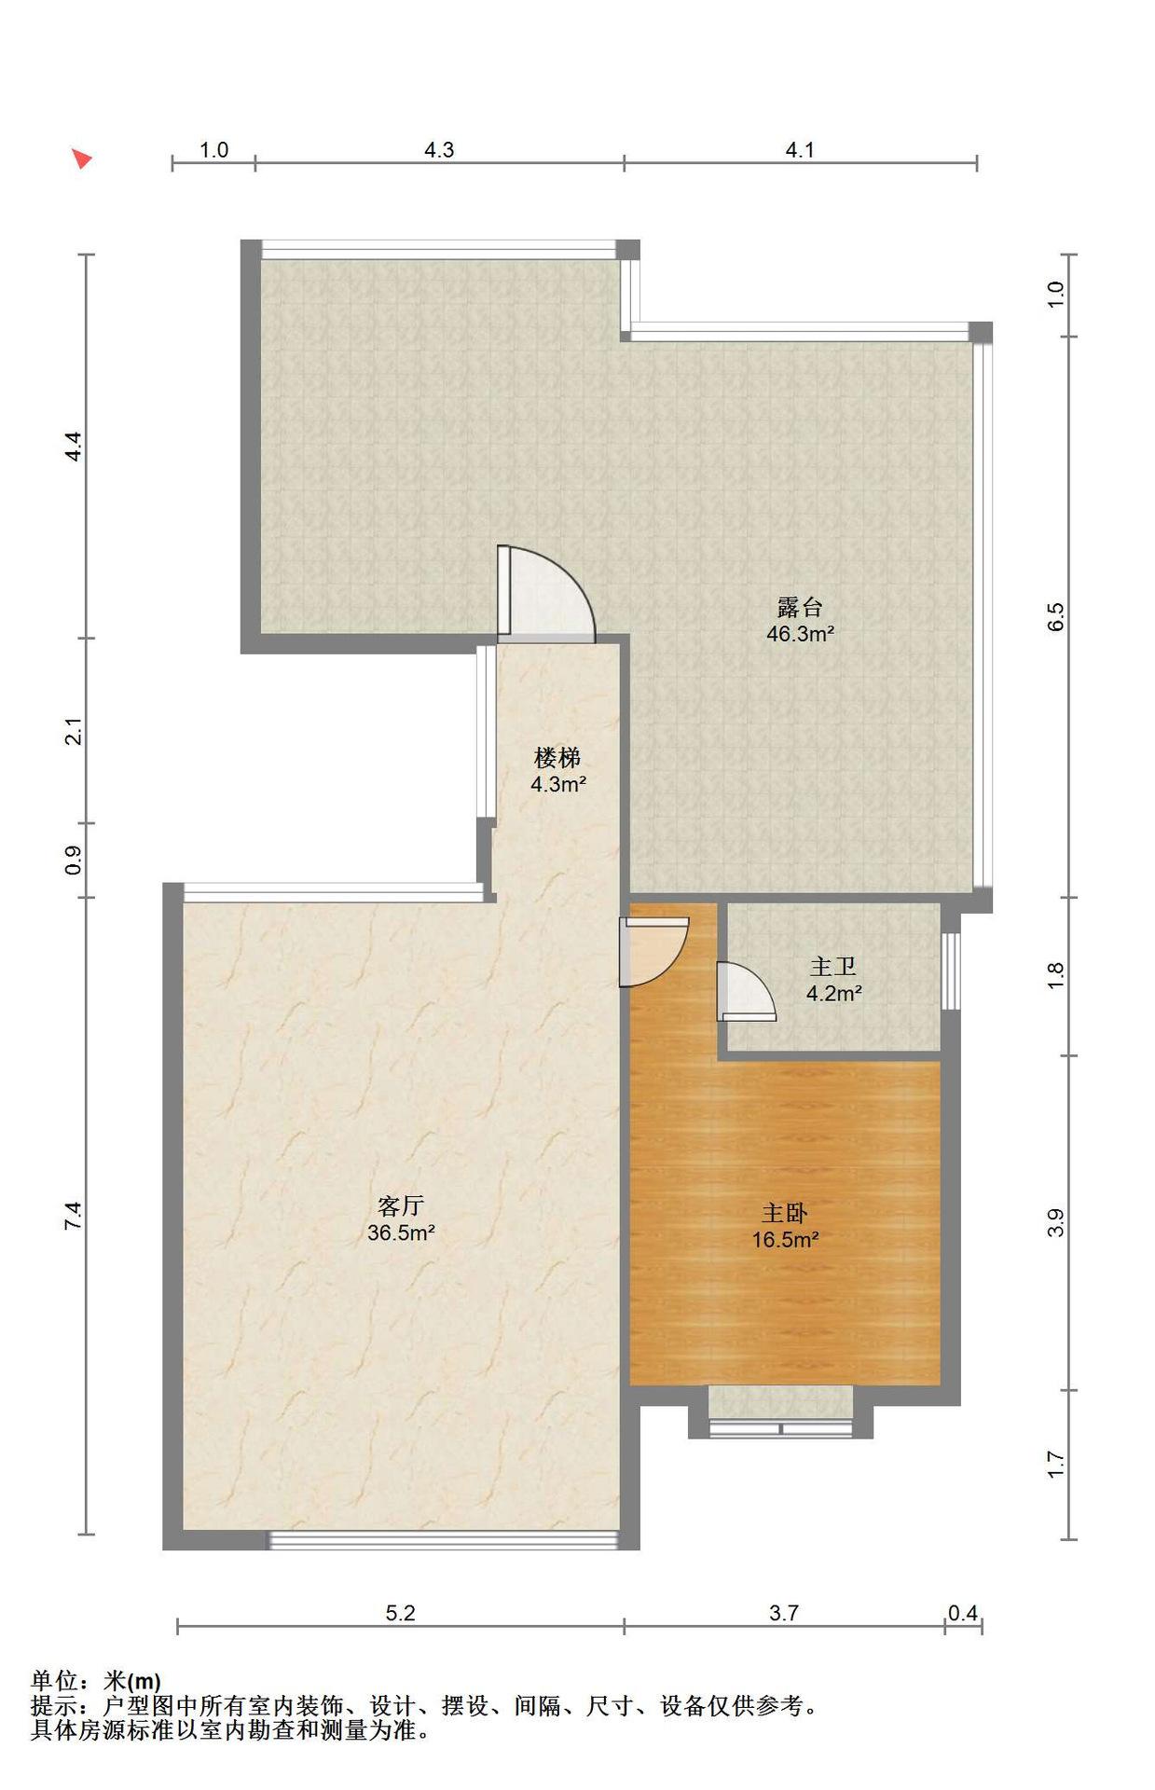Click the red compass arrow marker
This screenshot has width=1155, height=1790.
click(82, 158)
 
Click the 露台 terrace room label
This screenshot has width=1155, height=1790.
click(799, 607)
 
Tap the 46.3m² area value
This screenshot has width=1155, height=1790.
click(799, 634)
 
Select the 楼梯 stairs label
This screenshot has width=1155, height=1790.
click(557, 757)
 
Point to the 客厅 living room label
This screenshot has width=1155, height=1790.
click(401, 1205)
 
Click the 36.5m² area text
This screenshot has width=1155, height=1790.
click(401, 1233)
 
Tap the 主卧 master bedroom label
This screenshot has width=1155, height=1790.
click(785, 1212)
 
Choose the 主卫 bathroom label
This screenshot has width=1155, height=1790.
click(833, 966)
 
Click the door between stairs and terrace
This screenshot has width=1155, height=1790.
click(545, 594)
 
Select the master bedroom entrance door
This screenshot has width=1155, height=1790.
click(653, 952)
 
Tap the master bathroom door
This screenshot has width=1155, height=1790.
click(746, 991)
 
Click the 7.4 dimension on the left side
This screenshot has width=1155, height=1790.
click(74, 1216)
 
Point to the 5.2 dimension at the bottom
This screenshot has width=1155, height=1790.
click(400, 1613)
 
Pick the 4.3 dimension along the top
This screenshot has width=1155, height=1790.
click(439, 149)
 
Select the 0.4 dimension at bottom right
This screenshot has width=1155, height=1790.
click(963, 1613)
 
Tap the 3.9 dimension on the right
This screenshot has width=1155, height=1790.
click(1055, 1222)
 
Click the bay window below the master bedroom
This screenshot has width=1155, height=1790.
click(780, 1427)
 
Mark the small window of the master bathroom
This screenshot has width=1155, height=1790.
click(950, 971)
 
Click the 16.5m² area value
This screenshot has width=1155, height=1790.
click(785, 1240)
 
